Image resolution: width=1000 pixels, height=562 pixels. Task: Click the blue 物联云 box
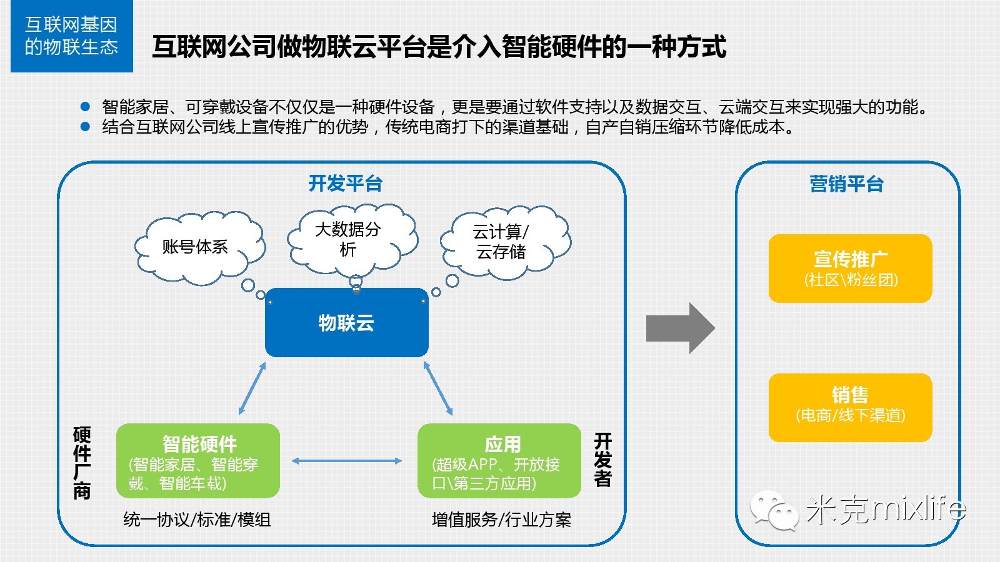click(x=347, y=323)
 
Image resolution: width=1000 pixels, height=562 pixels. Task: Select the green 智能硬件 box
click(x=198, y=461)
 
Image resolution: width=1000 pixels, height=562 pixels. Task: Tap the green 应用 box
click(x=499, y=461)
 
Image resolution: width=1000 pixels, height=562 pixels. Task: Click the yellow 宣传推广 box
click(x=850, y=269)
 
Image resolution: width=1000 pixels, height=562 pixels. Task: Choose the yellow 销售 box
click(x=850, y=407)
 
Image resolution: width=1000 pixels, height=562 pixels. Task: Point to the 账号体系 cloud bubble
click(x=197, y=247)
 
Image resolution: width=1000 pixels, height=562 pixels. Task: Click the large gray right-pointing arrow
click(x=680, y=328)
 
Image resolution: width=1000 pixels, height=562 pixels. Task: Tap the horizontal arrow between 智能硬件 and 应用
click(x=347, y=461)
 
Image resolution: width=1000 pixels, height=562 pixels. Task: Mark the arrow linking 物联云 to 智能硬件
click(x=252, y=388)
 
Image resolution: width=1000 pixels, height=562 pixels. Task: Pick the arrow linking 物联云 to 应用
click(x=438, y=388)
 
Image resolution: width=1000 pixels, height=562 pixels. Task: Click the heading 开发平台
click(x=345, y=184)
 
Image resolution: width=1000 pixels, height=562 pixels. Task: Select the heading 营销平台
click(x=846, y=184)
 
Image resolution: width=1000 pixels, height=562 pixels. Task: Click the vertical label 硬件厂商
click(x=82, y=463)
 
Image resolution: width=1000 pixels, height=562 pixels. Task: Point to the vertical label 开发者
click(x=602, y=460)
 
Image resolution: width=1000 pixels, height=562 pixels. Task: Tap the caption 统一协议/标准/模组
click(x=197, y=520)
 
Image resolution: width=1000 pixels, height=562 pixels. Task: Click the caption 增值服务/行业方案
click(x=501, y=520)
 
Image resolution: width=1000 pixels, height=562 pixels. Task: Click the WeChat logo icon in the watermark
click(x=774, y=510)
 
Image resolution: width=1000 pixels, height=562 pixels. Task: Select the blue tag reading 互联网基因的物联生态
click(x=71, y=36)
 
